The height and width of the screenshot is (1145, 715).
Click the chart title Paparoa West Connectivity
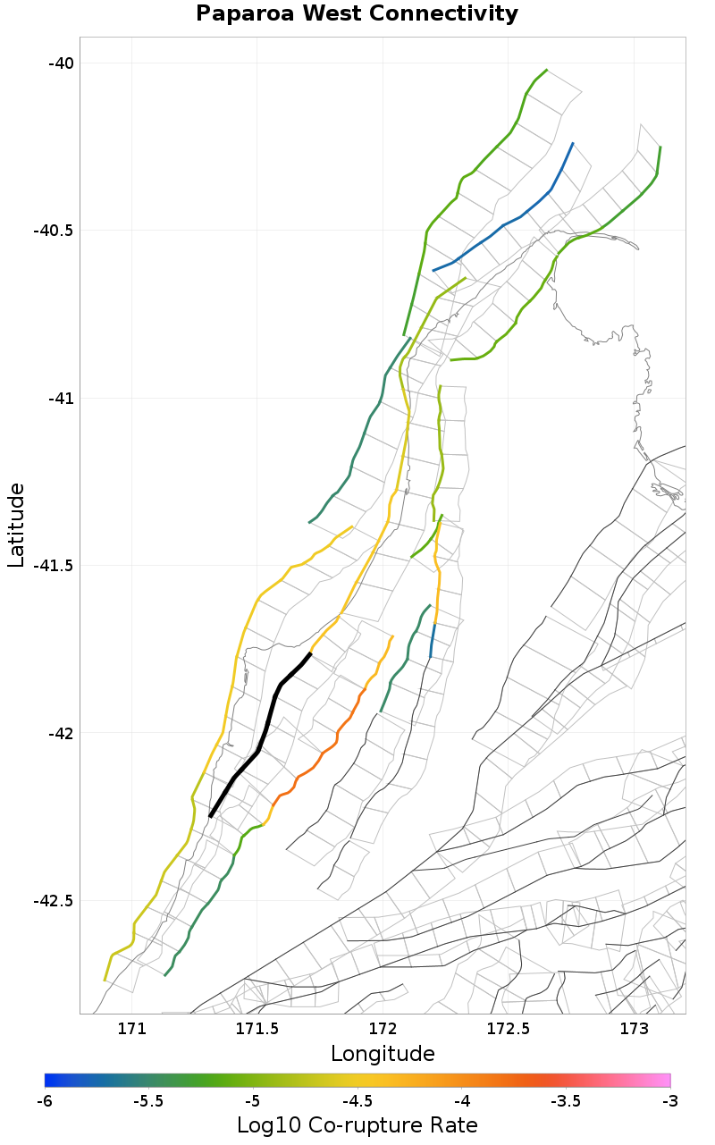[357, 14]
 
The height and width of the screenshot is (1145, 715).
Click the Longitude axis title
[383, 1054]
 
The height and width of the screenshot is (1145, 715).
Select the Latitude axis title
[16, 525]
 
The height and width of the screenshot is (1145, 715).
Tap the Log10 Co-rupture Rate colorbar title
[357, 1125]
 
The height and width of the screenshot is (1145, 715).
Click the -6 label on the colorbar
[45, 1099]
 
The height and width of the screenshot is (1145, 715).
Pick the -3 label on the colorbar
[669, 1099]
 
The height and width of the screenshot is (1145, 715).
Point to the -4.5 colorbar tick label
[357, 1099]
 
